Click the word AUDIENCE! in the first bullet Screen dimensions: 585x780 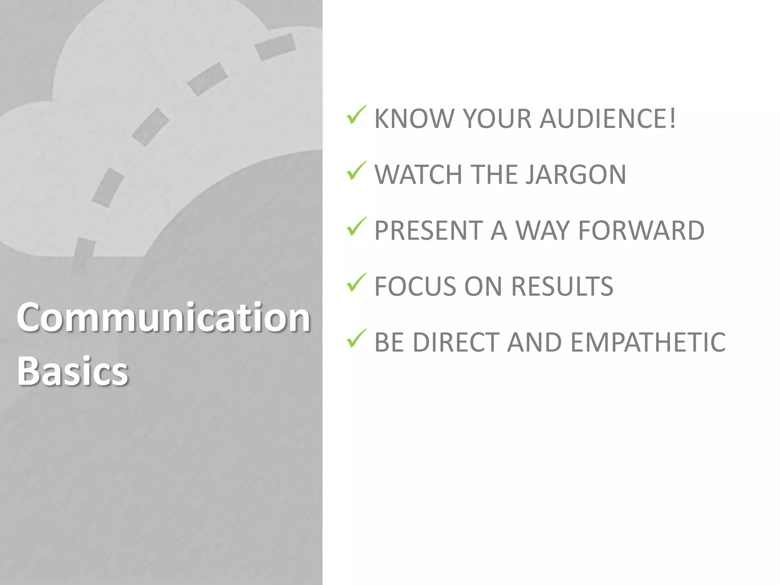608,118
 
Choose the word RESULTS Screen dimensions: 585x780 562,286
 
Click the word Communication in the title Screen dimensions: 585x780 163,317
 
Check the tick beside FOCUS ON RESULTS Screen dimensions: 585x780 356,283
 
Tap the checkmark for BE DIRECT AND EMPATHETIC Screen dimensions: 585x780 356,338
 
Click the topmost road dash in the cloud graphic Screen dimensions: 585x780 275,47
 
